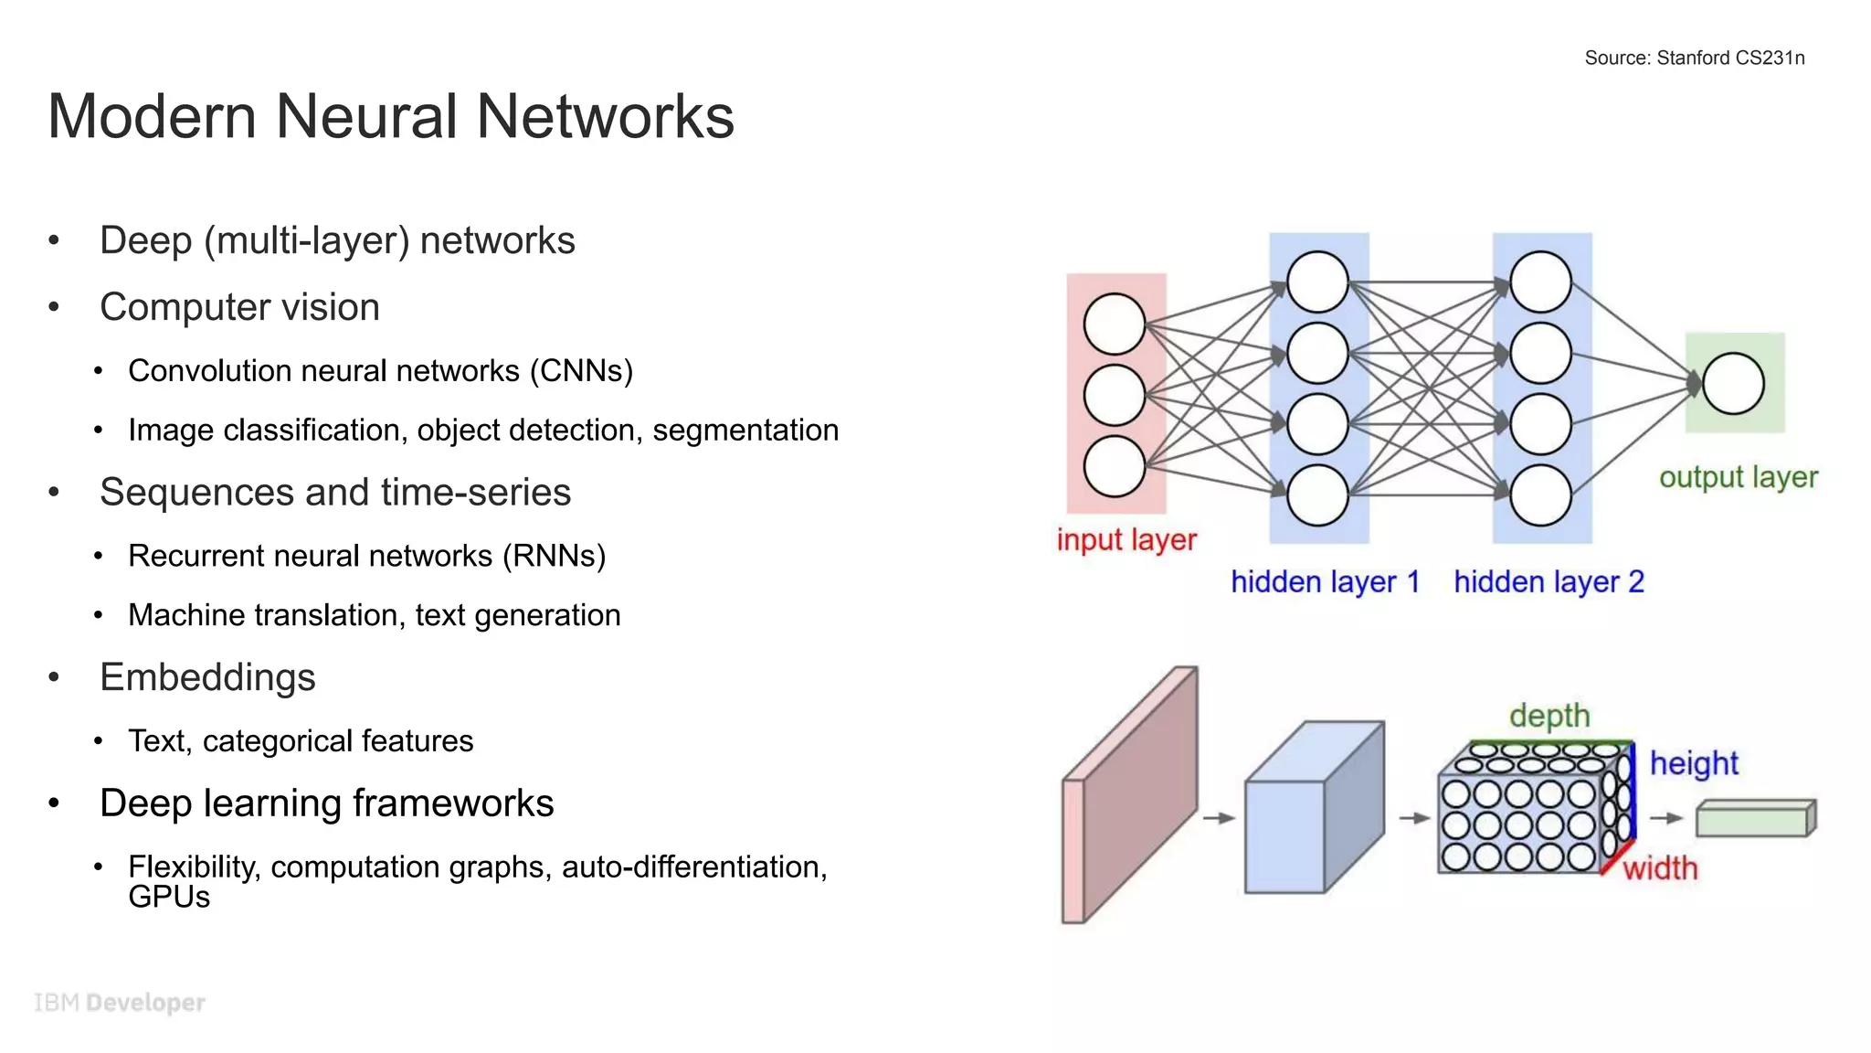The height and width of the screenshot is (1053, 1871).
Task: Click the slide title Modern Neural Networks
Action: [x=390, y=117]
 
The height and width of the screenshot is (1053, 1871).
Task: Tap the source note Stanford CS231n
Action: [x=1694, y=58]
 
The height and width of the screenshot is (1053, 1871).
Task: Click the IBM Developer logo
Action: [x=120, y=1003]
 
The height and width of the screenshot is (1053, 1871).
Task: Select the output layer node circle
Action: [x=1733, y=384]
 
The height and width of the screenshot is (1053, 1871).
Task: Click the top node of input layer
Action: [x=1114, y=324]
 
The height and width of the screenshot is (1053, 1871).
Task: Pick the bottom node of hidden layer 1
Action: [x=1317, y=495]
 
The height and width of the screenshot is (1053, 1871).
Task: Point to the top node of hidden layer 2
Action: [x=1540, y=282]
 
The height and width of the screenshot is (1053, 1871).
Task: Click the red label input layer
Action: [x=1126, y=539]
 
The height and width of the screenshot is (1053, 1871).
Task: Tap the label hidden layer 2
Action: [x=1549, y=582]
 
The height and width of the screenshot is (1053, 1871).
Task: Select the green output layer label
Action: [x=1738, y=477]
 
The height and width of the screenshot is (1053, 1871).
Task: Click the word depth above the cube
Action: [x=1549, y=716]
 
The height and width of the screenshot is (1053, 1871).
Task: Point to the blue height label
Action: [x=1694, y=763]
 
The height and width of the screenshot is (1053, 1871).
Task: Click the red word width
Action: [x=1660, y=868]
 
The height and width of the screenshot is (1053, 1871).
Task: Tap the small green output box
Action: [x=1755, y=818]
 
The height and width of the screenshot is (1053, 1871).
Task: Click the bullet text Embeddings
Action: [x=207, y=677]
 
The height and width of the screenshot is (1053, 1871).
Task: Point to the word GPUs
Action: [x=169, y=898]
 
